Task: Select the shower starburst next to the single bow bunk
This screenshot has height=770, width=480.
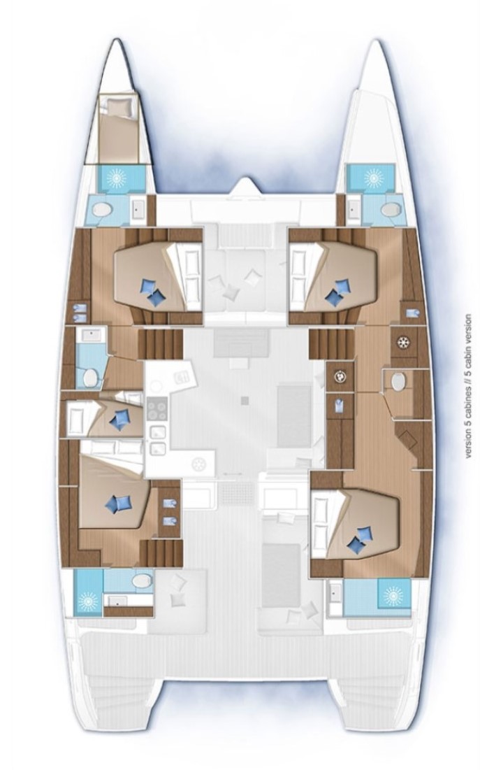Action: pos(118,178)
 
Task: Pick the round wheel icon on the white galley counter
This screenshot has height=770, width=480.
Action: pos(198,464)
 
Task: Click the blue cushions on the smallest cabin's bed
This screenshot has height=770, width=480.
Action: pos(119,420)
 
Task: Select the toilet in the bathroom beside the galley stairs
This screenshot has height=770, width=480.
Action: pos(90,378)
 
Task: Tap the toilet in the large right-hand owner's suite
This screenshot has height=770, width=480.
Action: pos(398,380)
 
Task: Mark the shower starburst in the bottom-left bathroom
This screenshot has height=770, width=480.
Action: pos(88,600)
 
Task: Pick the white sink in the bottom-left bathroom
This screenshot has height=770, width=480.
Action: pos(117,601)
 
